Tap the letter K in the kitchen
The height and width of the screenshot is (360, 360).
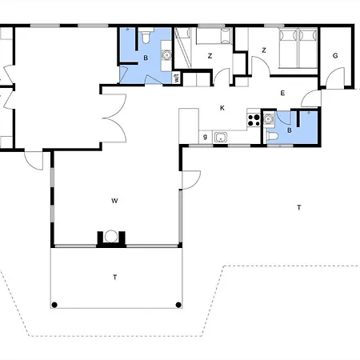click(x=222, y=107)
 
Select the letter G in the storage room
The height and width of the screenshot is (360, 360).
click(x=335, y=55)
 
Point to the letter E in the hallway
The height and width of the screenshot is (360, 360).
click(x=282, y=94)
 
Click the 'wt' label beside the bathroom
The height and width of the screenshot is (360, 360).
click(x=176, y=77)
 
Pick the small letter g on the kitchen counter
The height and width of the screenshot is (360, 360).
click(x=206, y=137)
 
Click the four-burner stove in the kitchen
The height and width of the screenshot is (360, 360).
click(x=254, y=121)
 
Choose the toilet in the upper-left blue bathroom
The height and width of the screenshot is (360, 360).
click(x=145, y=38)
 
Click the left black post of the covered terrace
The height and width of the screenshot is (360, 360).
click(x=54, y=304)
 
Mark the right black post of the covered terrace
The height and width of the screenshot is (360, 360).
click(x=178, y=304)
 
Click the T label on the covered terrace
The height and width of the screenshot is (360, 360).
click(x=114, y=277)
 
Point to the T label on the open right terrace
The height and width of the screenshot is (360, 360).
click(x=298, y=207)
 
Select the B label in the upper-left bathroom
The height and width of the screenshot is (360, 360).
click(x=146, y=58)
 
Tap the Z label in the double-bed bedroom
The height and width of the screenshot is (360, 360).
click(x=263, y=50)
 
